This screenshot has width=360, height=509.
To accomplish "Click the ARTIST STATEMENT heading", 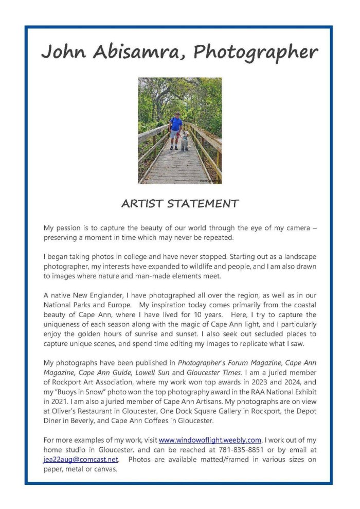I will point(179,203).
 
